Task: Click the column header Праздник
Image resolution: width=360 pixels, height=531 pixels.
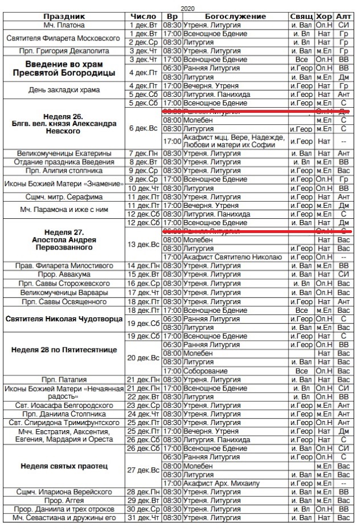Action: [64, 17]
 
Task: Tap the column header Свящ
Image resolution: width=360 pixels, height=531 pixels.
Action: [301, 17]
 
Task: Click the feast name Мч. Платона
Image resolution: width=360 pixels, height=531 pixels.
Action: [64, 26]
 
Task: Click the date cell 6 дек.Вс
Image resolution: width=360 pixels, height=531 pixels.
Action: [143, 128]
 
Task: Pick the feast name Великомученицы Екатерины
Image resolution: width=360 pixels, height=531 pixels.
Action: [64, 154]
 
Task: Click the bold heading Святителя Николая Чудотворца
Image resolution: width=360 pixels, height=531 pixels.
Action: [64, 319]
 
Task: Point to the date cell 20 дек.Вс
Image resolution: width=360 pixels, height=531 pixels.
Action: [143, 358]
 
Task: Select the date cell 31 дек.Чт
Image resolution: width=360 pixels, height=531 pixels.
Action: [143, 518]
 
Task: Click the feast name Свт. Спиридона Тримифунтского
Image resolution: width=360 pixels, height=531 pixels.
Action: [64, 423]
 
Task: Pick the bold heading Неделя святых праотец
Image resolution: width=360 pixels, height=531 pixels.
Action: [64, 467]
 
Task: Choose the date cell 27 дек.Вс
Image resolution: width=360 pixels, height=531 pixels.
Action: [143, 470]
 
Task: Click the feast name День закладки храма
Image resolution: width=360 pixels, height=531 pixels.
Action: [64, 90]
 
